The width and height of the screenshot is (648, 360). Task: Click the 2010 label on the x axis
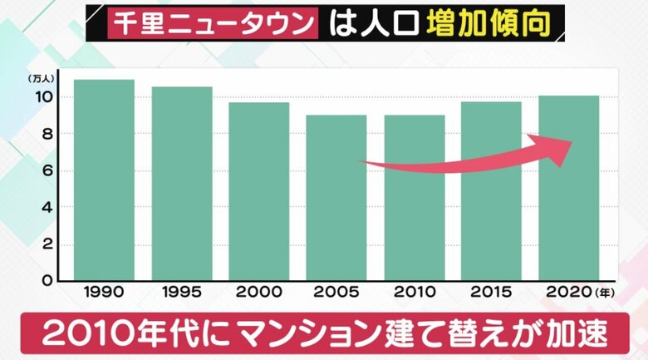point(414,293)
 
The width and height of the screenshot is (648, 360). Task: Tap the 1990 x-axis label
point(104,293)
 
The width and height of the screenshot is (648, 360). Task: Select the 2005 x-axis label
point(336,293)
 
